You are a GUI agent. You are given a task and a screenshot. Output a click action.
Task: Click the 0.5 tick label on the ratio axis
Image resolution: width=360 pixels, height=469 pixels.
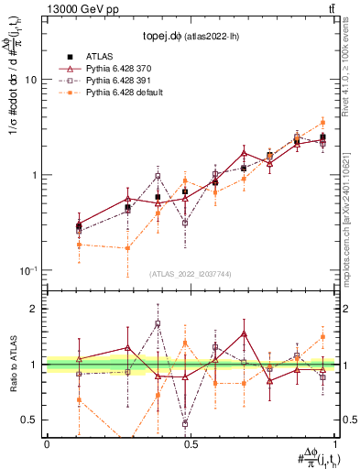click(30, 420)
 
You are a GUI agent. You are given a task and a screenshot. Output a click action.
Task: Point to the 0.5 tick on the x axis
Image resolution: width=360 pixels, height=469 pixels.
click(191, 442)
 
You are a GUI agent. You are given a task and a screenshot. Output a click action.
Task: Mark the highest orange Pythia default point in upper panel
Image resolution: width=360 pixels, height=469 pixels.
click(322, 122)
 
